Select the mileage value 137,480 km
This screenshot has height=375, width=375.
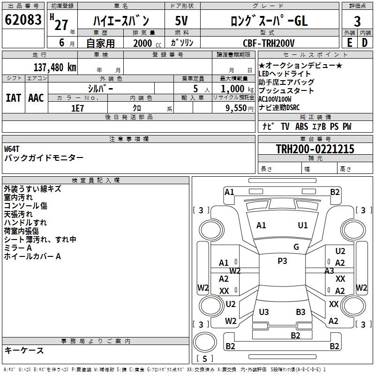(x=55, y=67)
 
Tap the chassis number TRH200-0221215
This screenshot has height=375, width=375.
(x=315, y=150)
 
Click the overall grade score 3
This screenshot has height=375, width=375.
(x=357, y=21)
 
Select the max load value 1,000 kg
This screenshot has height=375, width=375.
(x=234, y=89)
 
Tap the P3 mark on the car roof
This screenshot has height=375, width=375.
(x=282, y=261)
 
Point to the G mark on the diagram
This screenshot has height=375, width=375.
(x=296, y=247)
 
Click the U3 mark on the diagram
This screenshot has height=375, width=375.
(x=264, y=312)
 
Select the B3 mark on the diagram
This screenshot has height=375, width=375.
(x=300, y=312)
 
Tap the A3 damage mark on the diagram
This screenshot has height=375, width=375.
(x=329, y=270)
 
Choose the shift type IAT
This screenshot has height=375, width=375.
(x=13, y=97)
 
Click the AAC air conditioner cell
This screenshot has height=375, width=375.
(x=36, y=97)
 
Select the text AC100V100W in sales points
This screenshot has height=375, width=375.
(x=275, y=99)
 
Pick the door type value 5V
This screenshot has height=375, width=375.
(x=182, y=21)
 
